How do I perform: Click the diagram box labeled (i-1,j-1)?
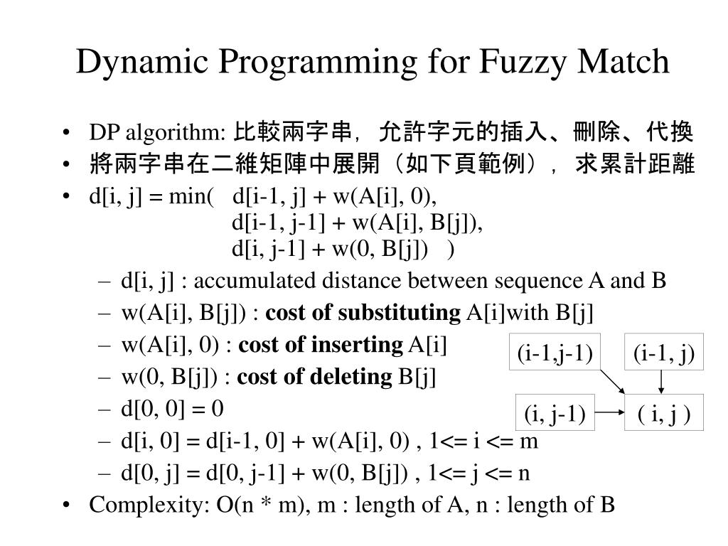point(555,353)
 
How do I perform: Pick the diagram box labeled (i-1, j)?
point(663,353)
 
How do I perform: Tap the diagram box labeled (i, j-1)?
point(555,412)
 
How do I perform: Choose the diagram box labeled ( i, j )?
point(663,412)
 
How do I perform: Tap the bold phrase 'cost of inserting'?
point(319,346)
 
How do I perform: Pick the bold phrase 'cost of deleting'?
point(314,378)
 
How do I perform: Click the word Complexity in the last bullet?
point(146,505)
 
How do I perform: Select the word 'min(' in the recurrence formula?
point(192,195)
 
